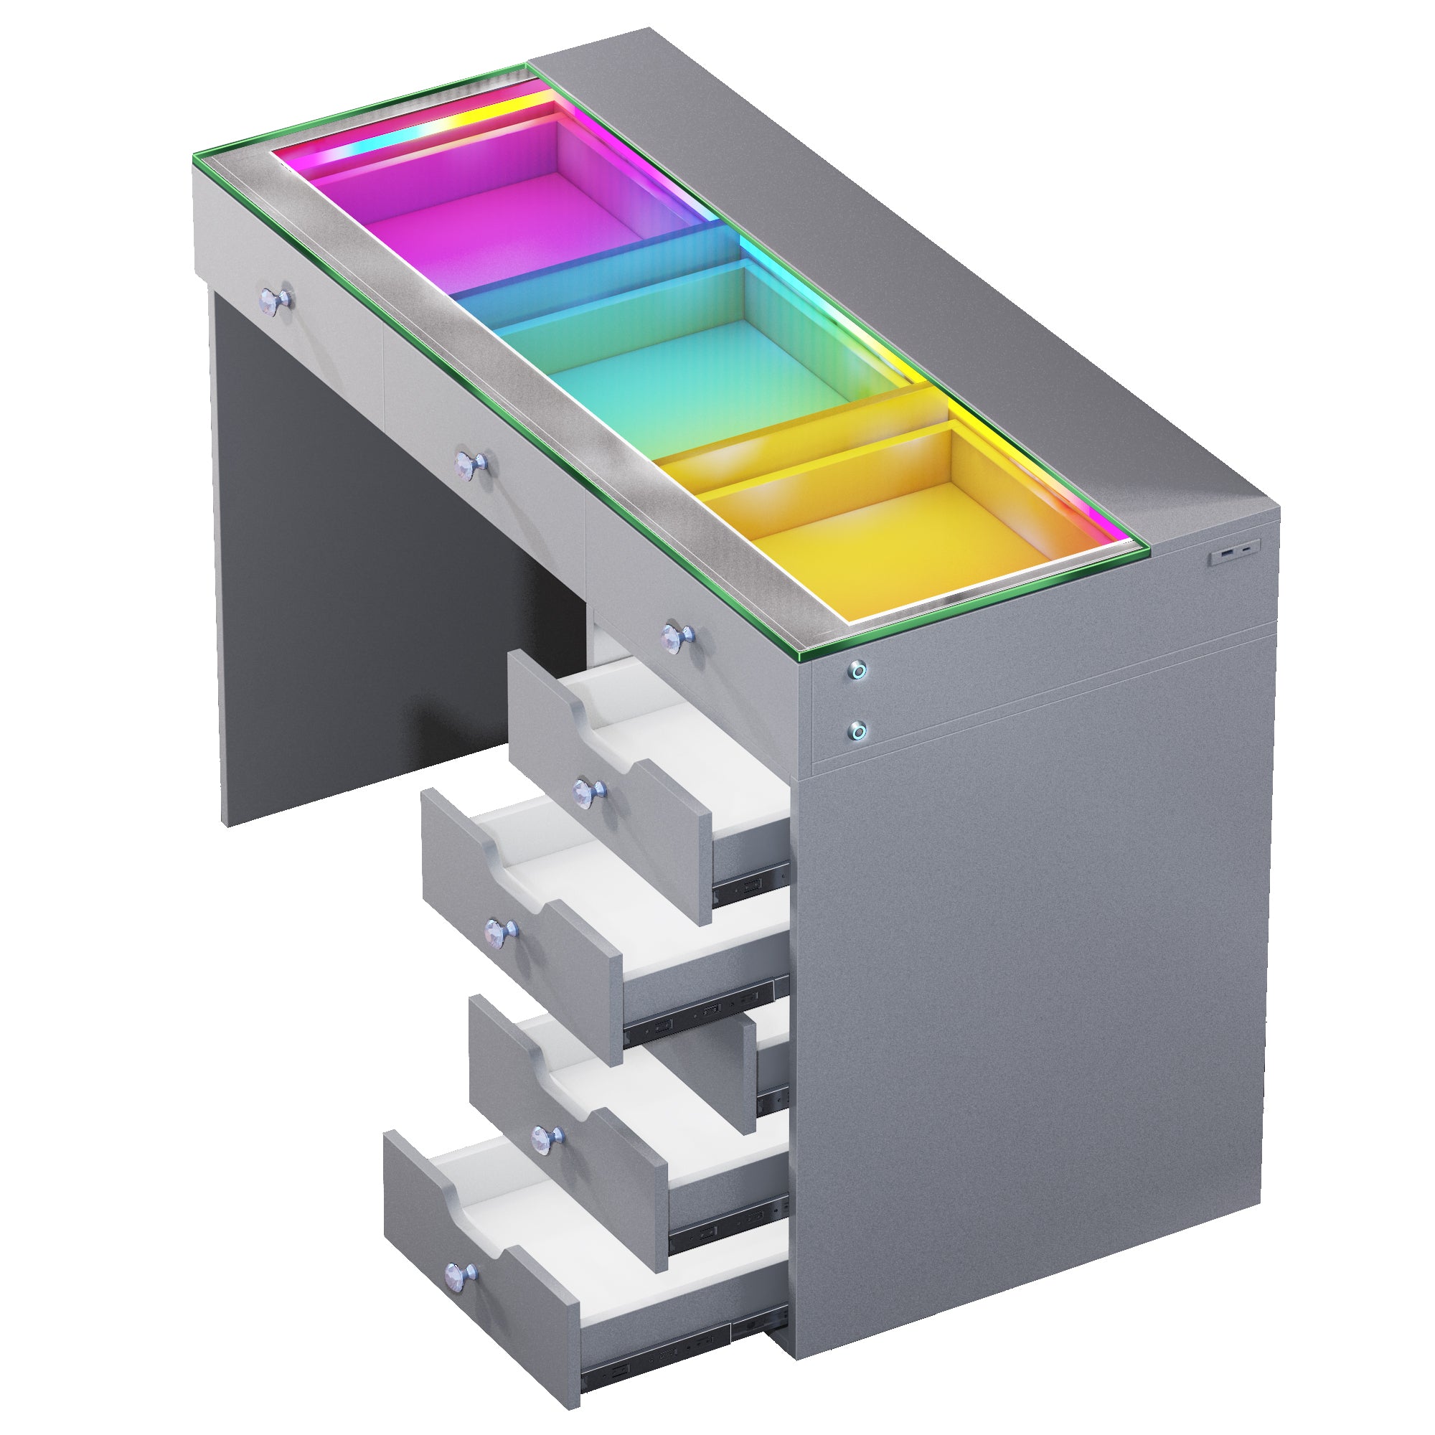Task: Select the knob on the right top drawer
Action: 677,636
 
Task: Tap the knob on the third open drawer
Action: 548,1136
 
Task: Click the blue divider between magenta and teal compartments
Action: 594,263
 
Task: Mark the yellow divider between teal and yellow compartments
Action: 802,430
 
